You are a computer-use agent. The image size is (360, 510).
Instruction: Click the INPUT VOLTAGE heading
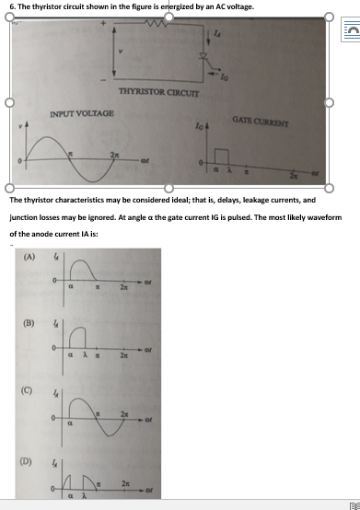82,113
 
